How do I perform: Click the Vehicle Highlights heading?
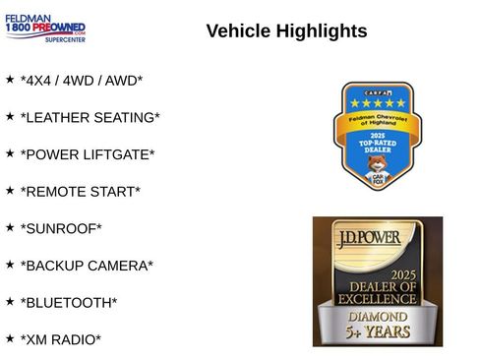pyautogui.click(x=286, y=31)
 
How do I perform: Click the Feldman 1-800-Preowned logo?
pyautogui.click(x=45, y=27)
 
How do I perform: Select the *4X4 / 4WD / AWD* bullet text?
pyautogui.click(x=81, y=81)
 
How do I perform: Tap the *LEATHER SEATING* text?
pyautogui.click(x=90, y=117)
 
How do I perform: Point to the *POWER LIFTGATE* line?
pyautogui.click(x=88, y=154)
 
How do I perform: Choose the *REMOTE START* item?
pyautogui.click(x=80, y=192)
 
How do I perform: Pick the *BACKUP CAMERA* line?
pyautogui.click(x=87, y=266)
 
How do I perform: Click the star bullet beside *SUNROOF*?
pyautogui.click(x=10, y=226)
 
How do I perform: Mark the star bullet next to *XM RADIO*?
pyautogui.click(x=10, y=337)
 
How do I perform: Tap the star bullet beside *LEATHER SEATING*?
pyautogui.click(x=10, y=115)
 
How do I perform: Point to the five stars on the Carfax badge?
pyautogui.click(x=377, y=102)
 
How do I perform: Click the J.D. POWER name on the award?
pyautogui.click(x=377, y=238)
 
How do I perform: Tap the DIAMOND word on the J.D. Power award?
pyautogui.click(x=378, y=317)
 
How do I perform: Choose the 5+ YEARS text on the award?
pyautogui.click(x=378, y=334)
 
